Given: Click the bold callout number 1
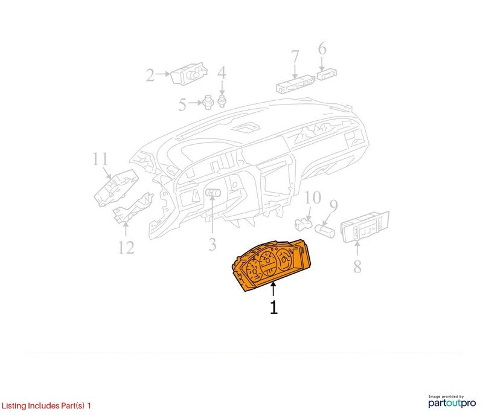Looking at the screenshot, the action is (273, 307).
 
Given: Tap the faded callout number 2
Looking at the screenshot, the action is (150, 75).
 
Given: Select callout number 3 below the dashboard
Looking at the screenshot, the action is (213, 244).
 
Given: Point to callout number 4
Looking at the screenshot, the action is (222, 72).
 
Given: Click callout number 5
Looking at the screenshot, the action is (182, 105).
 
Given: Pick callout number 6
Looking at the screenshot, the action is (322, 49).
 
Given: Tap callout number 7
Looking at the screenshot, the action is (295, 57).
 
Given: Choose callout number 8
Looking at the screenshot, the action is (357, 266).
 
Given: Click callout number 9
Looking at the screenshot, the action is (334, 205).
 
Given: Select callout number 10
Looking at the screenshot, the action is (313, 198).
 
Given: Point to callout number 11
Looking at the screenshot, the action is (100, 159).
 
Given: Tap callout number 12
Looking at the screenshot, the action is (127, 248).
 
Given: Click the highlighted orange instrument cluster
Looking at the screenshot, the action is (271, 265).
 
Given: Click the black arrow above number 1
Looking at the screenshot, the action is (273, 290).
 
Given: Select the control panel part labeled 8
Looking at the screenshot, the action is (365, 227).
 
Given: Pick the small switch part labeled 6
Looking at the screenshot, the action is (327, 74).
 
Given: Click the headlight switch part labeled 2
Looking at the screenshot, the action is (189, 74).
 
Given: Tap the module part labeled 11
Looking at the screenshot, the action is (116, 188).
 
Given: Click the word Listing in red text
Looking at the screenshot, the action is (14, 406).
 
